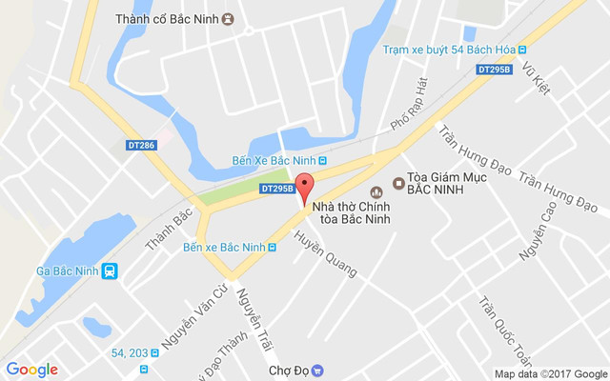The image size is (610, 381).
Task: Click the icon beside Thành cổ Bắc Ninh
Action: [x=229, y=19]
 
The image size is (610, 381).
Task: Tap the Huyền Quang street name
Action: [x=325, y=254]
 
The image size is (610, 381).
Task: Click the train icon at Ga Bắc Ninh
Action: [x=111, y=271]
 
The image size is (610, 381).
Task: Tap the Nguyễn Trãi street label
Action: [x=254, y=314]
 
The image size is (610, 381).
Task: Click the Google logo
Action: [x=31, y=370]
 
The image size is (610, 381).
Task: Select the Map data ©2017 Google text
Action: [x=549, y=374]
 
